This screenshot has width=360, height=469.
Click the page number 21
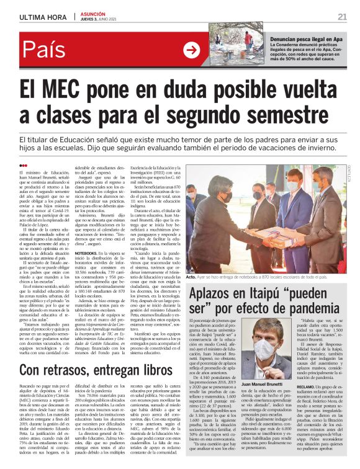point(342,16)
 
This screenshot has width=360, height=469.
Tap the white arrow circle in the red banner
point(191,50)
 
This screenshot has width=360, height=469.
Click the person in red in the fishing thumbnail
point(248,38)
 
